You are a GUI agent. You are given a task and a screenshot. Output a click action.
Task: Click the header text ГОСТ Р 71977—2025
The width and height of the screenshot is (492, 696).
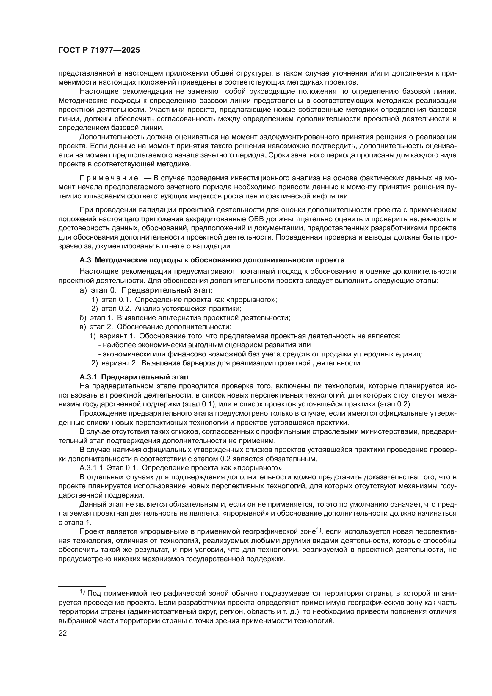99,50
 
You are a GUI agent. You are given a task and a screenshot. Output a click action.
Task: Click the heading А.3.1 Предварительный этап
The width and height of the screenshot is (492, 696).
134,377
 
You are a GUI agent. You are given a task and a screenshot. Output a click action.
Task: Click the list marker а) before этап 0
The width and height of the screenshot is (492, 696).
83,290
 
